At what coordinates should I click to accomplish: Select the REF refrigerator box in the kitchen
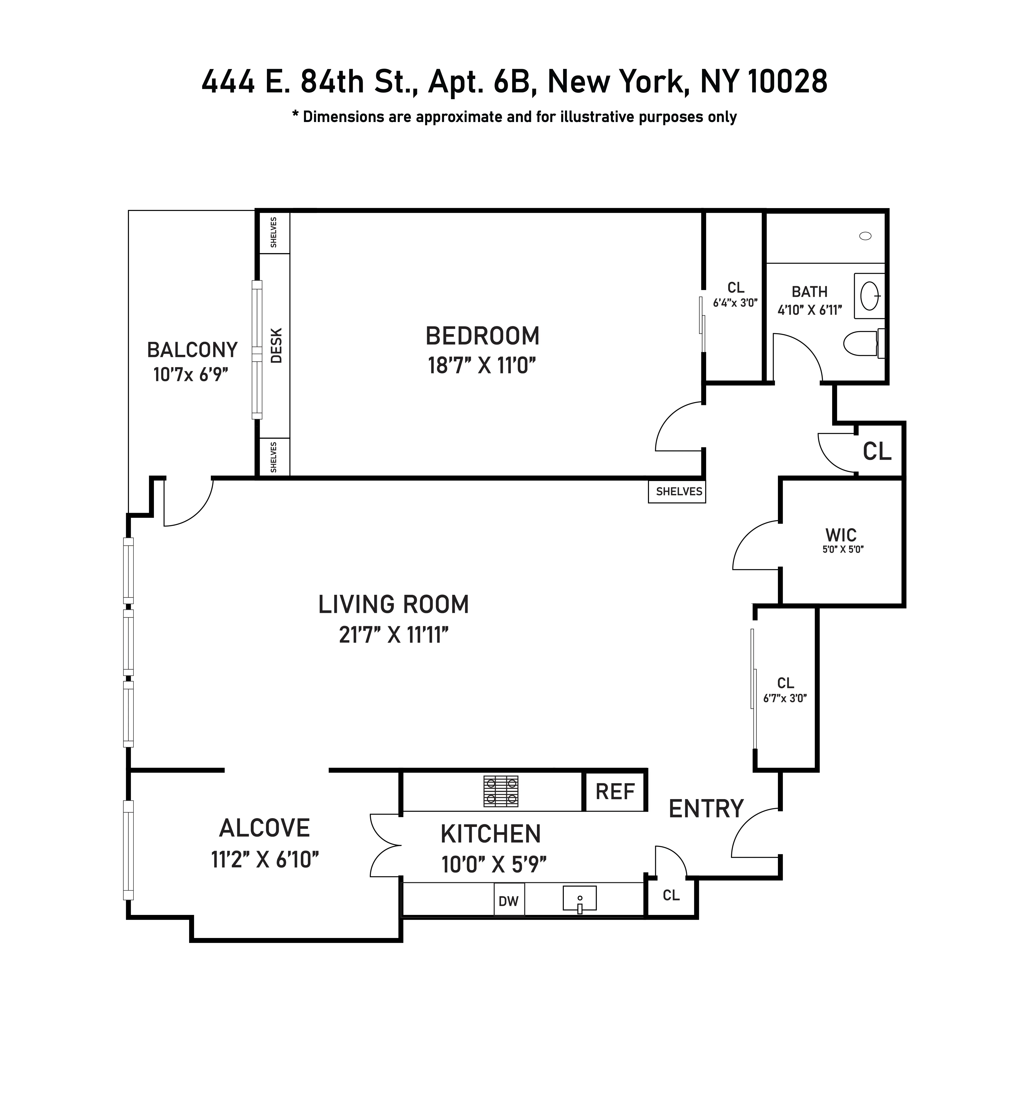point(615,791)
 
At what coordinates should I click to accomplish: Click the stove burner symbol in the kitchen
point(501,791)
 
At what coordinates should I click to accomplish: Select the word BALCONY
point(192,350)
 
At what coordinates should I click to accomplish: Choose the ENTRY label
point(706,809)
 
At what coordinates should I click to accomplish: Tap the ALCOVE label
point(265,828)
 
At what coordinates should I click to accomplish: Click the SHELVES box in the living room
point(678,491)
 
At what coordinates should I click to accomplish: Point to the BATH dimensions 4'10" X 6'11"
point(810,310)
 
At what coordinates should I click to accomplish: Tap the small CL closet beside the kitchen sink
point(671,895)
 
